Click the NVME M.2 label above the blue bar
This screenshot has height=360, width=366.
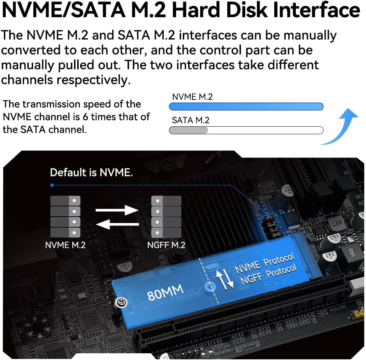pyautogui.click(x=192, y=97)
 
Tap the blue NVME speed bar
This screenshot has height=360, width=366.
pyautogui.click(x=246, y=107)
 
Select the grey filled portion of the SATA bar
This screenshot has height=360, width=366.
pyautogui.click(x=188, y=130)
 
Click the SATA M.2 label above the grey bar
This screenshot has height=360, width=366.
pyautogui.click(x=190, y=120)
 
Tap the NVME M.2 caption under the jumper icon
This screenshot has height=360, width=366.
pyautogui.click(x=65, y=245)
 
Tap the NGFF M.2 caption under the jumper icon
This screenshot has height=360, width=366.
pyautogui.click(x=166, y=245)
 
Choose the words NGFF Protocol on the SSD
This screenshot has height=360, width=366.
pyautogui.click(x=268, y=275)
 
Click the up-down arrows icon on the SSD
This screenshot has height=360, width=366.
pyautogui.click(x=226, y=277)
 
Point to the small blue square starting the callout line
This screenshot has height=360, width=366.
pyautogui.click(x=52, y=185)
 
